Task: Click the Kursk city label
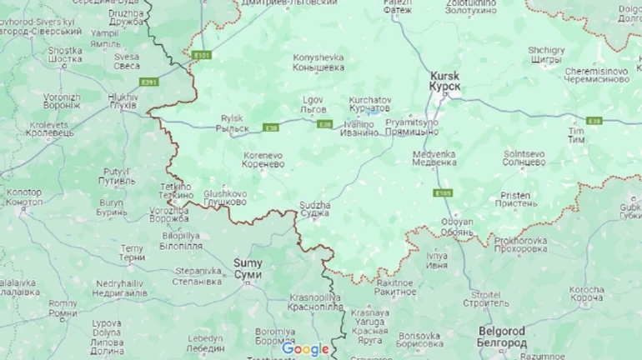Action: point(445,80)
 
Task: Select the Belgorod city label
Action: point(502,337)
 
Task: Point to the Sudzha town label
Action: point(315,208)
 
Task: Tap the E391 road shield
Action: point(149,82)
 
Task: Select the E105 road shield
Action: point(443,192)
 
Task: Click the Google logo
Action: point(305,349)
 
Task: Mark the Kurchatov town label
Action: point(369,103)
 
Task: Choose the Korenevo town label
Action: point(263,160)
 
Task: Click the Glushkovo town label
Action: point(225,197)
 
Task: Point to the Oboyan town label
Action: point(457,226)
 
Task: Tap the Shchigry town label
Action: point(546,55)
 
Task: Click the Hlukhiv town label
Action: point(123,102)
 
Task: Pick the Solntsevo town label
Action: point(524,157)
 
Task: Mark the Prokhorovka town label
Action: point(520,244)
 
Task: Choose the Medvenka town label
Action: point(434,157)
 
